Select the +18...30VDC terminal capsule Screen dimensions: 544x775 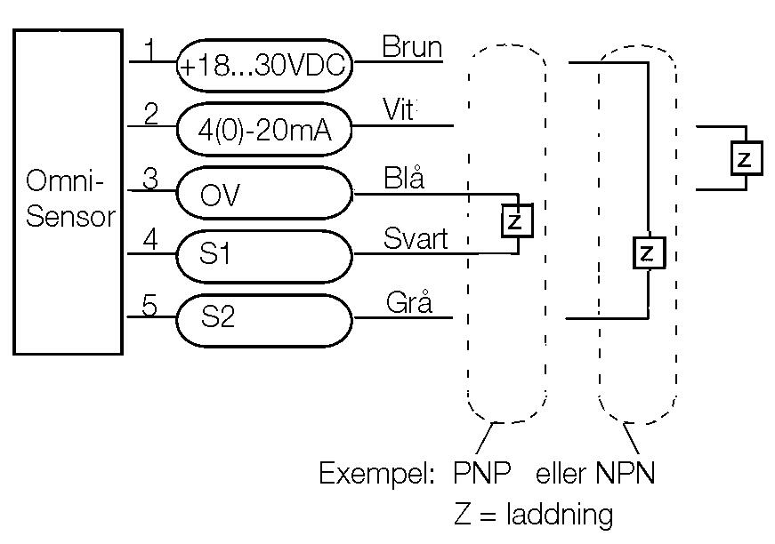264,66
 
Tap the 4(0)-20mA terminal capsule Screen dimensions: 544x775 264,130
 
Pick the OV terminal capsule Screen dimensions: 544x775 264,194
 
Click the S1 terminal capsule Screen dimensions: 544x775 264,255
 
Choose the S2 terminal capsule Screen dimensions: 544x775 264,318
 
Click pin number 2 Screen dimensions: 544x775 151,114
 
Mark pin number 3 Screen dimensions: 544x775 151,178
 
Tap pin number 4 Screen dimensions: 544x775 151,241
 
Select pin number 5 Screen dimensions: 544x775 151,305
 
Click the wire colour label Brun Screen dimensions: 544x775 412,47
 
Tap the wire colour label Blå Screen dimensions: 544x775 404,177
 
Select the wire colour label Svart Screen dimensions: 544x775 416,239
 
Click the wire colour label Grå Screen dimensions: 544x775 409,302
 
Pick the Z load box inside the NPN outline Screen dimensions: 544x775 647,254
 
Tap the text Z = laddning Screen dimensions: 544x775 533,515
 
